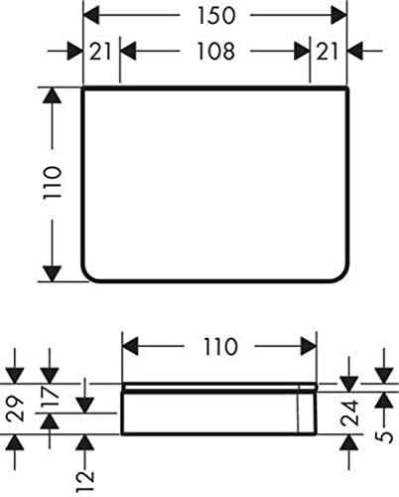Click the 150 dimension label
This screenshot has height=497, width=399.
[216, 15]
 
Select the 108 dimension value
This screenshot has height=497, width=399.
[216, 52]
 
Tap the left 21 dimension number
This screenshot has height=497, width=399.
[100, 52]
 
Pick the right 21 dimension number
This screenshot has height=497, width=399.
[327, 52]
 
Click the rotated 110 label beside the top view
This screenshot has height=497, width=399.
[53, 183]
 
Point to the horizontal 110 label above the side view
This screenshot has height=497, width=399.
[220, 347]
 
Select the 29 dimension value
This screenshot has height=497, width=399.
[16, 409]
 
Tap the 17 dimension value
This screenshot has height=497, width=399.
[51, 397]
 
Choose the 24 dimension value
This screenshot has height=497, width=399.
[350, 413]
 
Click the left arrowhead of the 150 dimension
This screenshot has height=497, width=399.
[91, 15]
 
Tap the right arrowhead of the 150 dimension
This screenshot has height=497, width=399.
[339, 15]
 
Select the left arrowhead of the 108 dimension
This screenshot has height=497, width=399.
[128, 52]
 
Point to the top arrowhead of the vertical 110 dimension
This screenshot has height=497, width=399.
[53, 95]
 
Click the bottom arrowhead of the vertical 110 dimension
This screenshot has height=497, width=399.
[53, 273]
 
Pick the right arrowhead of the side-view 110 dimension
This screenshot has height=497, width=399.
[309, 347]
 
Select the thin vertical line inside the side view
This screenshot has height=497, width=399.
[299, 409]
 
